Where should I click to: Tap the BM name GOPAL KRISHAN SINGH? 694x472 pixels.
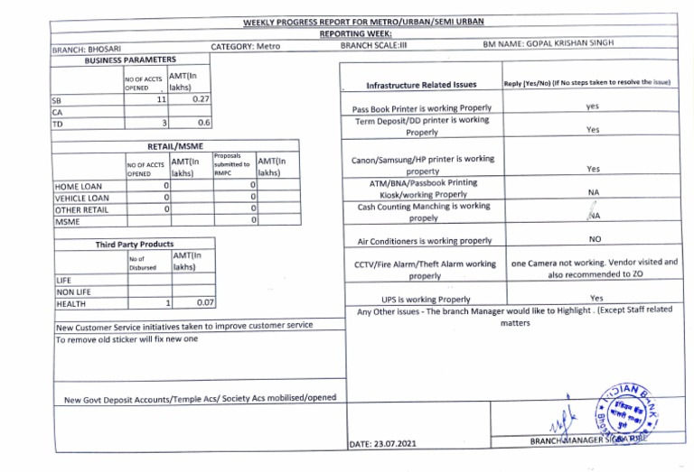pos(587,42)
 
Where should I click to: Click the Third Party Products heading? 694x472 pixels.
pos(135,245)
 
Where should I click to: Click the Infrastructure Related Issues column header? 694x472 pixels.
pos(421,86)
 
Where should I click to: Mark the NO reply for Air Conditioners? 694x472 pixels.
pos(595,240)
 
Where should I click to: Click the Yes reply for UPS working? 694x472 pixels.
pos(596,298)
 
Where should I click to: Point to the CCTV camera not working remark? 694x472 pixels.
pos(594,268)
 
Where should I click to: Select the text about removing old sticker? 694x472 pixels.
pos(126,339)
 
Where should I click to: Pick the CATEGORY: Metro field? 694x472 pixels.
pos(246,46)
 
